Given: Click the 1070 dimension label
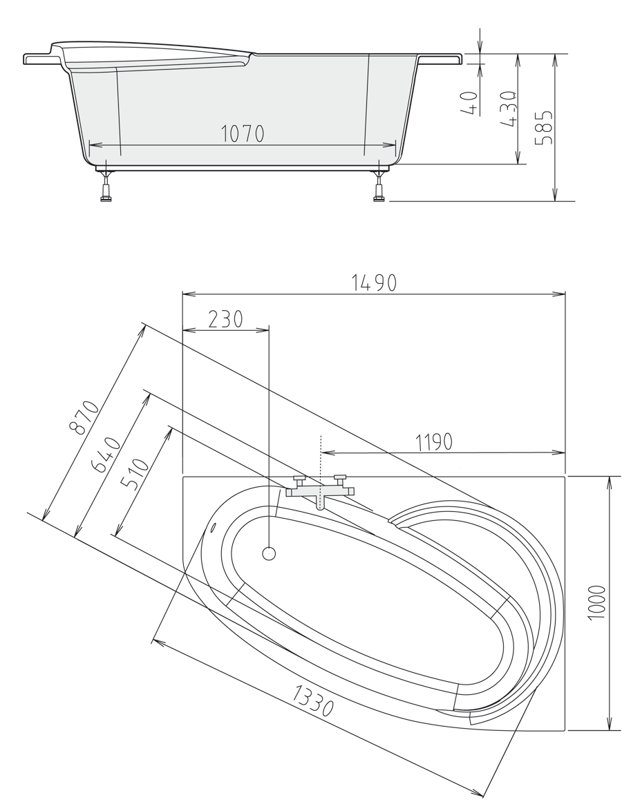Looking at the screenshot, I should point(243,133).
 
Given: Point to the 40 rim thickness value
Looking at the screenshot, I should point(470,103).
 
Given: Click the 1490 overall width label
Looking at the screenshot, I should point(374,283).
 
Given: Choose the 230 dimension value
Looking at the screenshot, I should point(226,318).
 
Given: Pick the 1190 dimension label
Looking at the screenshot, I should point(433,441).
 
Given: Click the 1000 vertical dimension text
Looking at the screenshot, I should point(598,602).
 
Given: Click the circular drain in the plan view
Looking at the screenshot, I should point(270,553).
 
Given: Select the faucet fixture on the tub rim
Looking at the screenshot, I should point(320,493).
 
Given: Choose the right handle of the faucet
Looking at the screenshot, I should point(339,478).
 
